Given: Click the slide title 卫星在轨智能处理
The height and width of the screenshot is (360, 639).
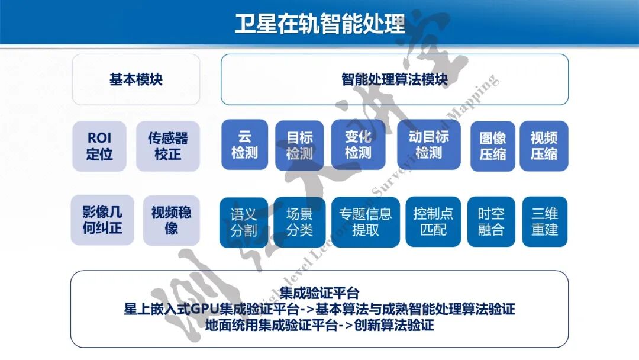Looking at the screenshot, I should pos(319,24).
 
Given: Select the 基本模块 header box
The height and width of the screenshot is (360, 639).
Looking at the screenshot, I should pos(136,79).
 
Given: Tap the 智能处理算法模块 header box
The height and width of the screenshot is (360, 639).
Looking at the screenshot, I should pos(395,79).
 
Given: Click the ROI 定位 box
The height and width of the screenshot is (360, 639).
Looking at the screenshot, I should pos(99,146).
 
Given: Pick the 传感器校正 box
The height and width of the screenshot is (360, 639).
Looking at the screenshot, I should pos(168,146).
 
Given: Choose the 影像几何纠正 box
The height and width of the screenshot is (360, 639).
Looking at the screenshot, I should pos(102,220).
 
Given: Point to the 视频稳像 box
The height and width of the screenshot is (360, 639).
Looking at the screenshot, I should pos(172,220).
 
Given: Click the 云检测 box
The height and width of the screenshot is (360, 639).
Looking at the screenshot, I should pos(244,145).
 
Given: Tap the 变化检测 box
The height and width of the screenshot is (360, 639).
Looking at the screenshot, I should pos(358,145).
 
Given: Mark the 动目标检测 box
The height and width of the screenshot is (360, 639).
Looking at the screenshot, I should pos(429,145).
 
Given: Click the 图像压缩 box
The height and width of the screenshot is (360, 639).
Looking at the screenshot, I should pos(493,146).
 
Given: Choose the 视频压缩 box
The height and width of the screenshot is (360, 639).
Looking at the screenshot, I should pos(544,146).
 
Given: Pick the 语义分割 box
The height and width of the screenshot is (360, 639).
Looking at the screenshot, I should pos(244,222).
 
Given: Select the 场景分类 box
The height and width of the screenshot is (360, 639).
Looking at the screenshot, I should pos(299,222).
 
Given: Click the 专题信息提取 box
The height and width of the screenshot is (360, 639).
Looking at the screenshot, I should pos(366,222).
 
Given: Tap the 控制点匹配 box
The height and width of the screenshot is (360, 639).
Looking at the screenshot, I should pos(433,222).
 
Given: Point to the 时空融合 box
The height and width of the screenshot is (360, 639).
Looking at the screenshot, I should pos(491,222).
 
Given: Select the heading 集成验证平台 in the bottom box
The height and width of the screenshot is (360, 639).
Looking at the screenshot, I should pos(319,293).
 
